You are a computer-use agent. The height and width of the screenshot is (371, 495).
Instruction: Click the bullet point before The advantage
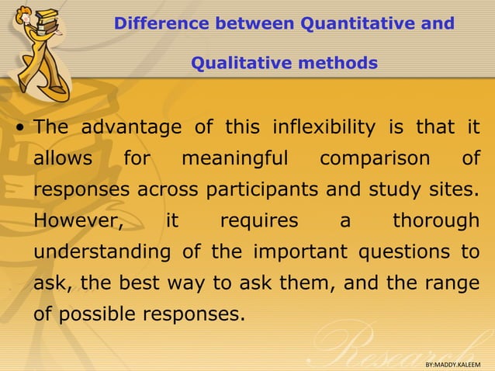(x=21, y=128)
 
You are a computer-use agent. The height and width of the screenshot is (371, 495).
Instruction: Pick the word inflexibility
(x=313, y=127)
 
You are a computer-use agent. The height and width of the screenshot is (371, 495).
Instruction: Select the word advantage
(x=131, y=127)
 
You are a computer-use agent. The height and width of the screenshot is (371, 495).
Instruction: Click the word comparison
(x=375, y=158)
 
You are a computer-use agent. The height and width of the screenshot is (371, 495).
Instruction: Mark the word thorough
(x=435, y=220)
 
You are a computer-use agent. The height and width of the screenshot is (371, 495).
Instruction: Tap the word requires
(x=259, y=220)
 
